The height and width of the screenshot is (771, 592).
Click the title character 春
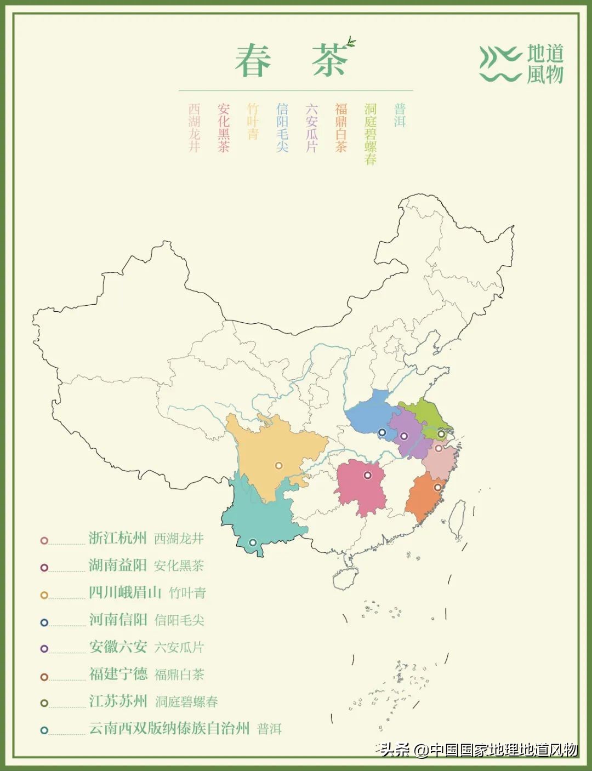253,61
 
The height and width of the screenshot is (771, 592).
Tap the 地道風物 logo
521,64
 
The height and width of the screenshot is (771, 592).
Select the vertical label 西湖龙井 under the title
194,127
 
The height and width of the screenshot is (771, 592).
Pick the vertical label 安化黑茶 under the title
224,127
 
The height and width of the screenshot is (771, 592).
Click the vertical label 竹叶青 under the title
253,121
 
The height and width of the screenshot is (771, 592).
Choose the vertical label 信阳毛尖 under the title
282,127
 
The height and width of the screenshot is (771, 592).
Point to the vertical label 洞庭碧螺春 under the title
371,134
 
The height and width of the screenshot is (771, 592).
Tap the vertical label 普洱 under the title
400,115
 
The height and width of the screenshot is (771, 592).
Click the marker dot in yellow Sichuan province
278,466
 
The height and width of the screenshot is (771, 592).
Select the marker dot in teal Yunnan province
253,542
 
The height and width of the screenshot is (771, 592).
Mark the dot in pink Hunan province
368,475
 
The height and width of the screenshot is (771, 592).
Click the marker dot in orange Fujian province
437,487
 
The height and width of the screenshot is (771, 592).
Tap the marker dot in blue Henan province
382,432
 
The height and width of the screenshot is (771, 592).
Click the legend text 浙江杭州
118,538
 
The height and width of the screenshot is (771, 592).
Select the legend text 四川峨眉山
125,592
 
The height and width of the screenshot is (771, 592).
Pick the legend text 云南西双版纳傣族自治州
169,728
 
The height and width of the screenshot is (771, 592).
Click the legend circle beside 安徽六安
44,649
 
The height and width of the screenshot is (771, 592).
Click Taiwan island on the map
457,519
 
